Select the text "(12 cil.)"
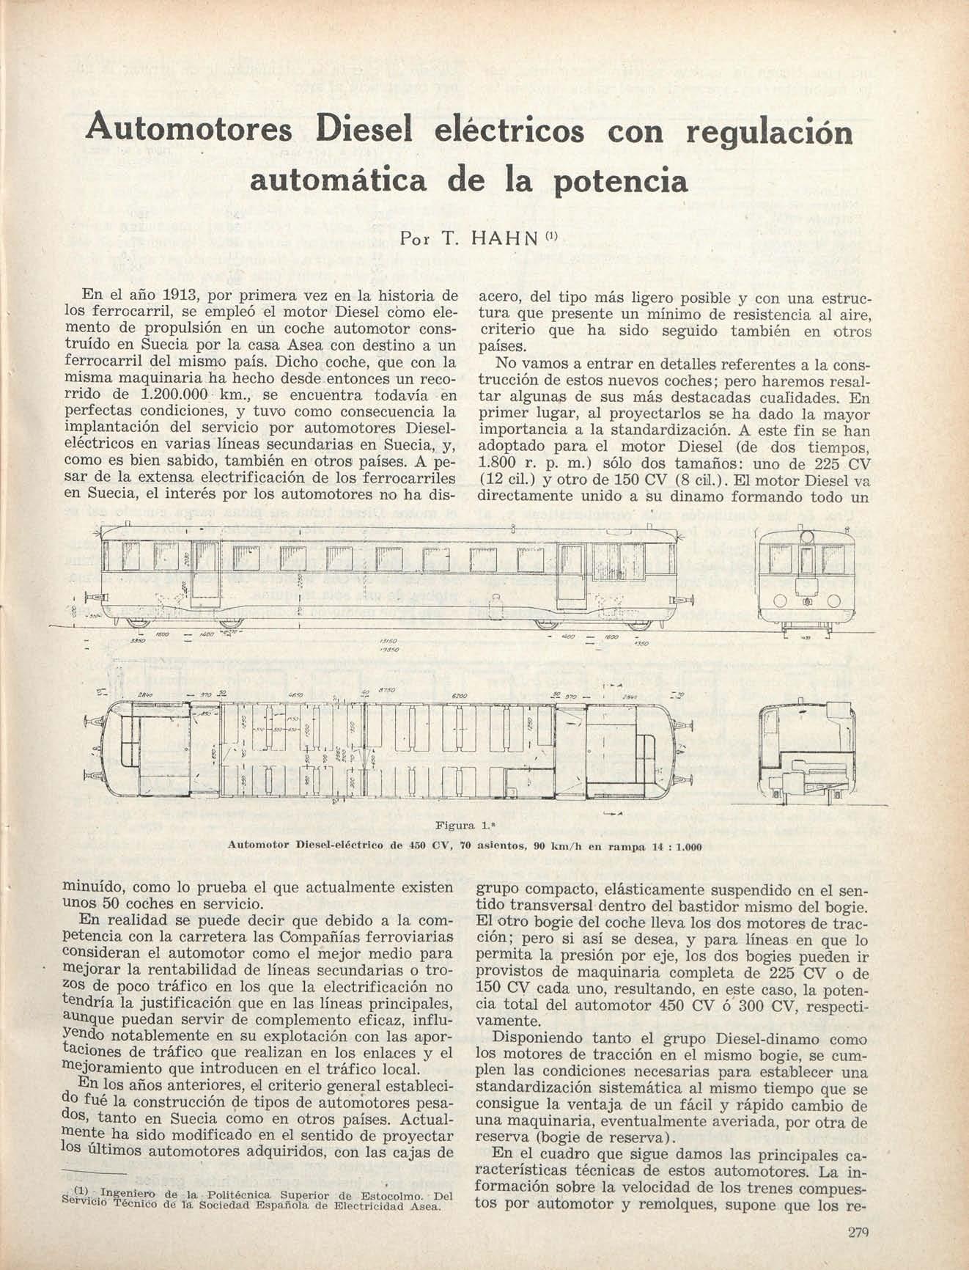pyautogui.click(x=501, y=480)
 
